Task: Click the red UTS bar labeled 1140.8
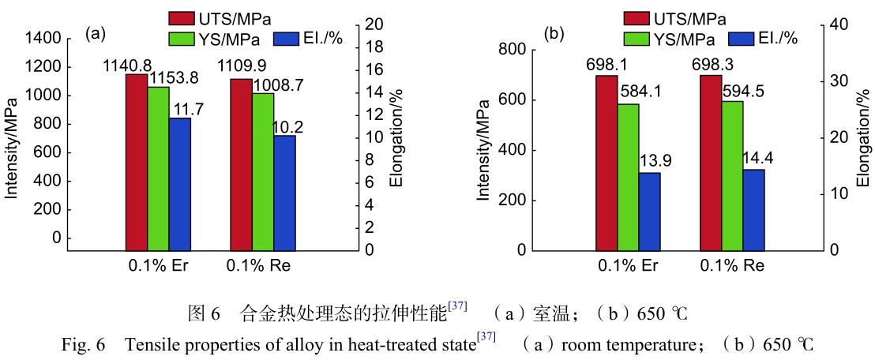pyautogui.click(x=137, y=162)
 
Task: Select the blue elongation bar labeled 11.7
pyautogui.click(x=179, y=184)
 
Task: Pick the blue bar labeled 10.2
pyautogui.click(x=284, y=193)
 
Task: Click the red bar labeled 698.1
pyautogui.click(x=606, y=163)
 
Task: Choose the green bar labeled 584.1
pyautogui.click(x=628, y=177)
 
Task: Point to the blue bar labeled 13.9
pyautogui.click(x=649, y=211)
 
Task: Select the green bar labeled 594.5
pyautogui.click(x=732, y=175)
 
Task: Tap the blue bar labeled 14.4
pyautogui.click(x=753, y=209)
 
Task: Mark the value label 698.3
pyautogui.click(x=722, y=64)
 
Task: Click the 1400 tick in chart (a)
pyautogui.click(x=43, y=39)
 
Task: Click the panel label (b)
pyautogui.click(x=555, y=34)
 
